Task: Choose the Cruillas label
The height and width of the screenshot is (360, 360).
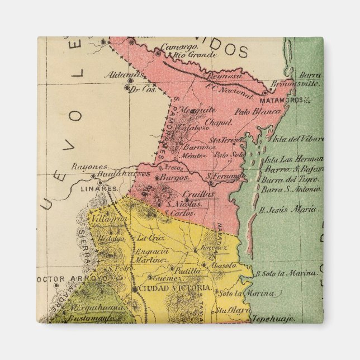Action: pyautogui.click(x=198, y=193)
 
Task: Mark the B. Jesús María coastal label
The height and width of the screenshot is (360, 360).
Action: pyautogui.click(x=288, y=210)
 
